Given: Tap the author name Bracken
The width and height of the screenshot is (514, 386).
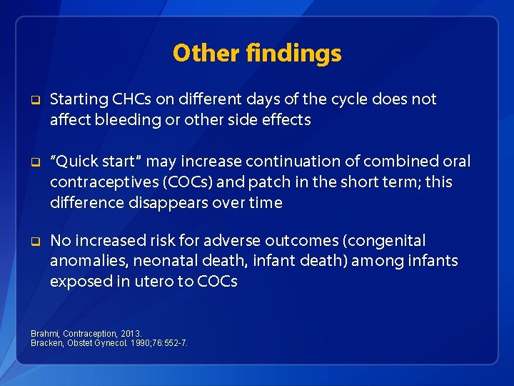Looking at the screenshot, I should pos(46,343).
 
